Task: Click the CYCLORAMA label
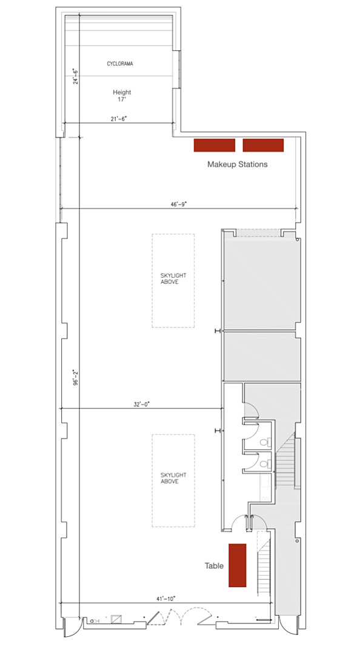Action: point(120,64)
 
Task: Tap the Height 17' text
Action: point(122,96)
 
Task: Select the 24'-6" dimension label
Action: point(76,76)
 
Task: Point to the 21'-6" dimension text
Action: point(119,119)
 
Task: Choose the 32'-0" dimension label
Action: point(141,404)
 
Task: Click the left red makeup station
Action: point(215,145)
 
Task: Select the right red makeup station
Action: point(263,145)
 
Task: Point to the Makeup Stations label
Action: point(237,164)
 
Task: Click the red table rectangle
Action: point(237,565)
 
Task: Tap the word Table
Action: point(214,566)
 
